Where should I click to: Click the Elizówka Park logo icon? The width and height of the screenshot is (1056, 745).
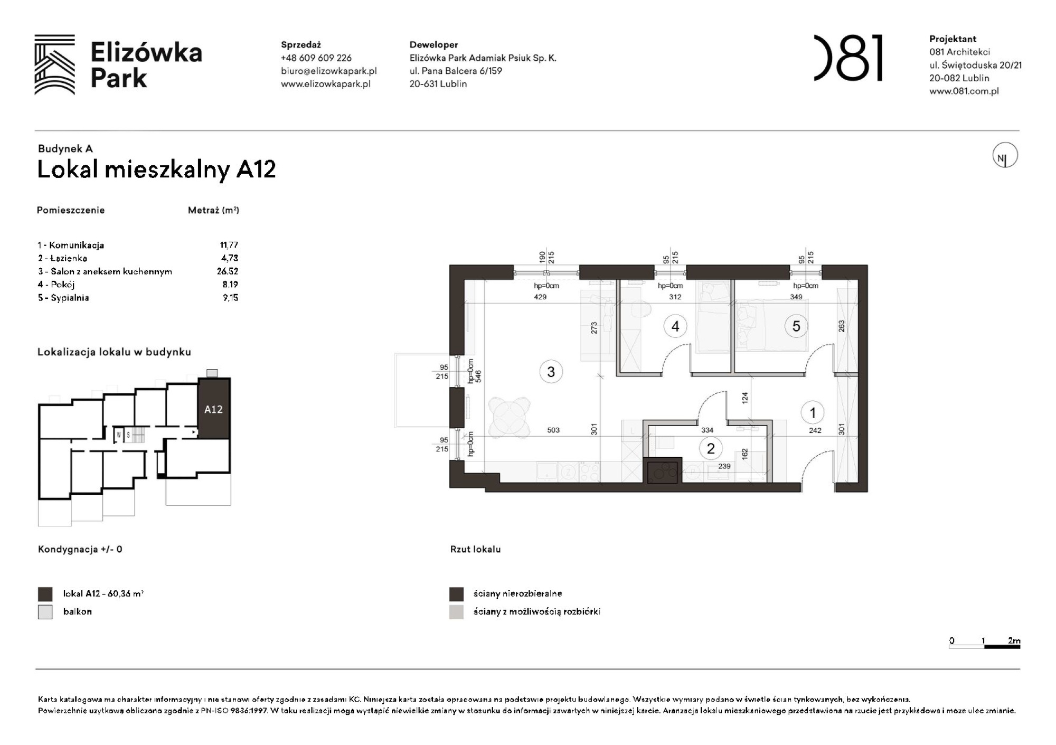55,64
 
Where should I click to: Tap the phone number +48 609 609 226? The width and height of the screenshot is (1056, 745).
316,58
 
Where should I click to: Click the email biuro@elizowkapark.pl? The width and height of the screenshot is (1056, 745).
328,71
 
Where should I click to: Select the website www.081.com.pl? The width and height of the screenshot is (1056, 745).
964,91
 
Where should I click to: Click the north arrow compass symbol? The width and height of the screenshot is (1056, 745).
1004,156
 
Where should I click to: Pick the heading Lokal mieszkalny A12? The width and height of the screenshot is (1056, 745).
156,169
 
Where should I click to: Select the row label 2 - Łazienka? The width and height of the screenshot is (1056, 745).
62,258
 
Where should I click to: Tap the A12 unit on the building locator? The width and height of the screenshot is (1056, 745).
214,409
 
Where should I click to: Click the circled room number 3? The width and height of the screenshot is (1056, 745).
551,372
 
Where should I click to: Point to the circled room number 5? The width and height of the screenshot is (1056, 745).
796,326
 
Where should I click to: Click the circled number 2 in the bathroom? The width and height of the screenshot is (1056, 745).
710,449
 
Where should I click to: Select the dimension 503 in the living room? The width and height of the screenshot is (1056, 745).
553,430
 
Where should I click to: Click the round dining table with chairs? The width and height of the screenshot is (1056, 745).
509,417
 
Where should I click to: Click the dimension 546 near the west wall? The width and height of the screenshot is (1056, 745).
478,376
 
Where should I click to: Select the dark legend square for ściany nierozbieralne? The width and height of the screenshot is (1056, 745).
456,594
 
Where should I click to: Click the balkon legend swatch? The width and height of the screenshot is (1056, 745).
45,612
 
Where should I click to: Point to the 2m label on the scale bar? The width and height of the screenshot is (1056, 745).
1013,640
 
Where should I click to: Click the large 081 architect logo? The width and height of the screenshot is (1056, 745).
848,58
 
